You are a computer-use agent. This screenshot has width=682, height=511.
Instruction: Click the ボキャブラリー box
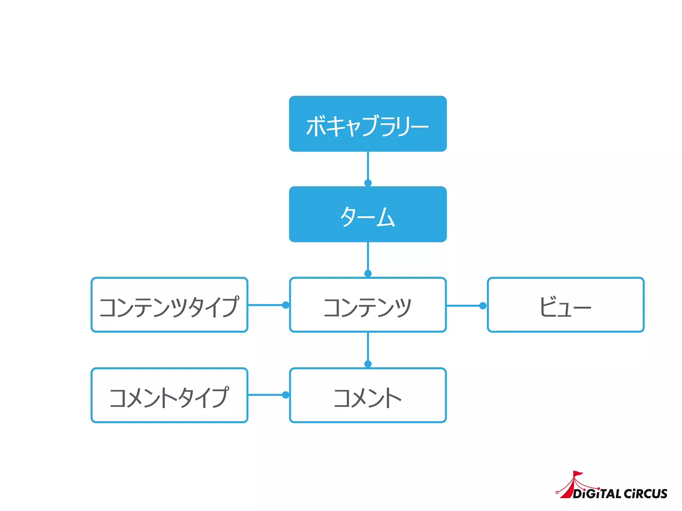(x=368, y=124)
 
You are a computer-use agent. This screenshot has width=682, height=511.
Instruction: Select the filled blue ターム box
(x=368, y=214)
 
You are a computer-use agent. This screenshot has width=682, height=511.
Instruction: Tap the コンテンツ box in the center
(x=368, y=305)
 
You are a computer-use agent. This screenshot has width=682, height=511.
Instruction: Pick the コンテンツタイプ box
(x=170, y=305)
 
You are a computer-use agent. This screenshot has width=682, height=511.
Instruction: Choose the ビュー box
(x=565, y=305)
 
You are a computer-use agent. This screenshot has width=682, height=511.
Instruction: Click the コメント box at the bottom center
(x=368, y=395)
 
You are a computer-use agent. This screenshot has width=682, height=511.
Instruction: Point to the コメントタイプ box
(x=170, y=395)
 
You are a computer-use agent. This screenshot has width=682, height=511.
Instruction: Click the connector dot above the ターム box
(x=368, y=183)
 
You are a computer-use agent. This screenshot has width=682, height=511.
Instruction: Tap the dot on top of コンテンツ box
(x=368, y=273)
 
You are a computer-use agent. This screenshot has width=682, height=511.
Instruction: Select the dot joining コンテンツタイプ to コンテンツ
(x=285, y=305)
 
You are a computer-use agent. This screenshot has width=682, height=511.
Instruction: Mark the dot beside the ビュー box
(x=483, y=306)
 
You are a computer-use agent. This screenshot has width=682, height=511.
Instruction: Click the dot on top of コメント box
(x=368, y=364)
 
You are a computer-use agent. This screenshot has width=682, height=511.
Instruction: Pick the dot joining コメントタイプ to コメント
(x=285, y=395)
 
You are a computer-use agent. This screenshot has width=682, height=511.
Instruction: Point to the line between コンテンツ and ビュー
(x=463, y=306)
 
